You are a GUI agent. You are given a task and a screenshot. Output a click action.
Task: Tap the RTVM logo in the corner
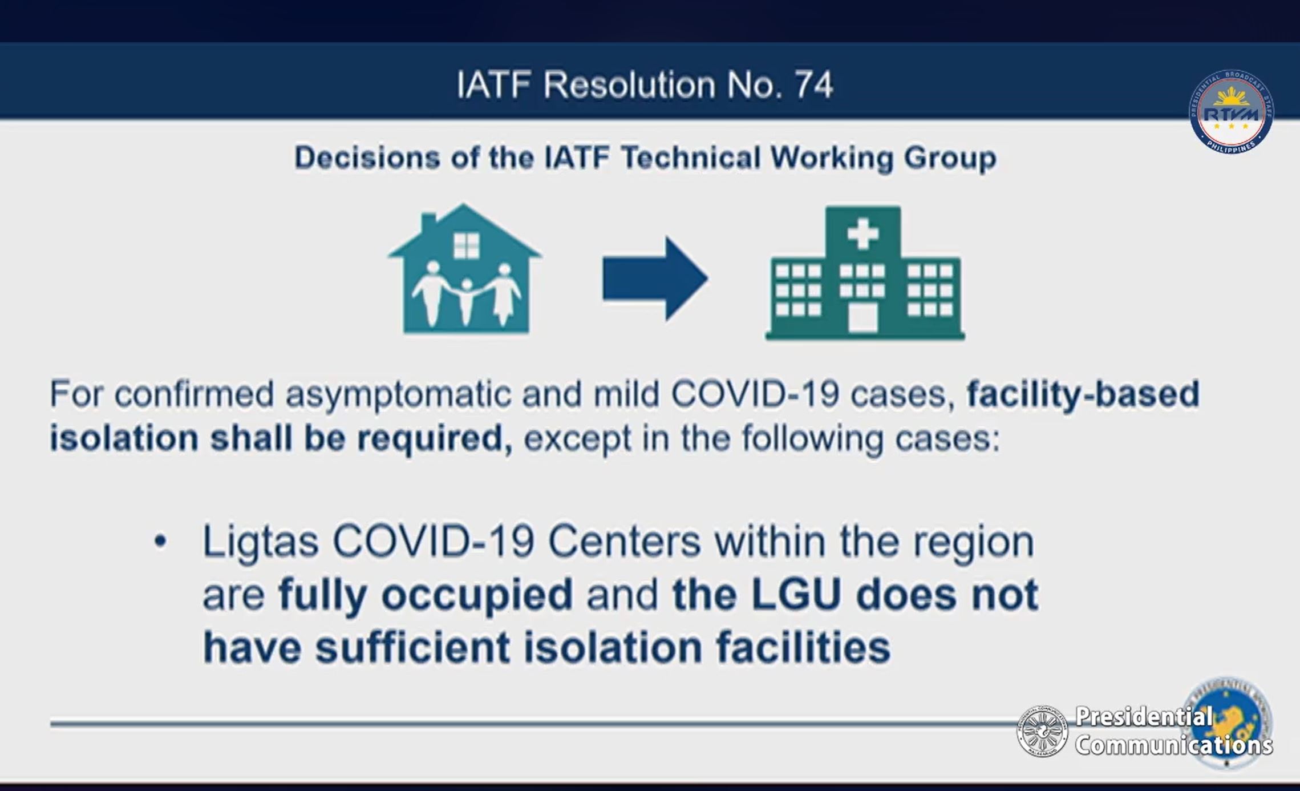(1231, 112)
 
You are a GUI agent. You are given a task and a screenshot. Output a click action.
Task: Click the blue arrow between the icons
(655, 279)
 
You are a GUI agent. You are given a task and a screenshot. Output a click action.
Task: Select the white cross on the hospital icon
(863, 233)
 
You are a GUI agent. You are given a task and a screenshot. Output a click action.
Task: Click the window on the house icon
(466, 245)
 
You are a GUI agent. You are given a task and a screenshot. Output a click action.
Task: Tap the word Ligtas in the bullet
(261, 540)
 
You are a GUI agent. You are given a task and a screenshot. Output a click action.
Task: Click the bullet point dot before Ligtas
(161, 541)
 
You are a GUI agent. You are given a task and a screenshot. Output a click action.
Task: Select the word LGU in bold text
(796, 594)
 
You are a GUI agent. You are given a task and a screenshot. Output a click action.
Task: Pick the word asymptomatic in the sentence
(398, 395)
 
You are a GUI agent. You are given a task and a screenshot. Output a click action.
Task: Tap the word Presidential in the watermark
(1143, 716)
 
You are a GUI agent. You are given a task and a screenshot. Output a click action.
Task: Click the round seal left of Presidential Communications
(1042, 731)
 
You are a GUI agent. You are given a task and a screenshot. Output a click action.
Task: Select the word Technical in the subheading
(691, 158)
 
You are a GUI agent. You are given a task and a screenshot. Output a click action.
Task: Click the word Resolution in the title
(629, 85)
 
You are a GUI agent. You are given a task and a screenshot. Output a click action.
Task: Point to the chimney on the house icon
(429, 221)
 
